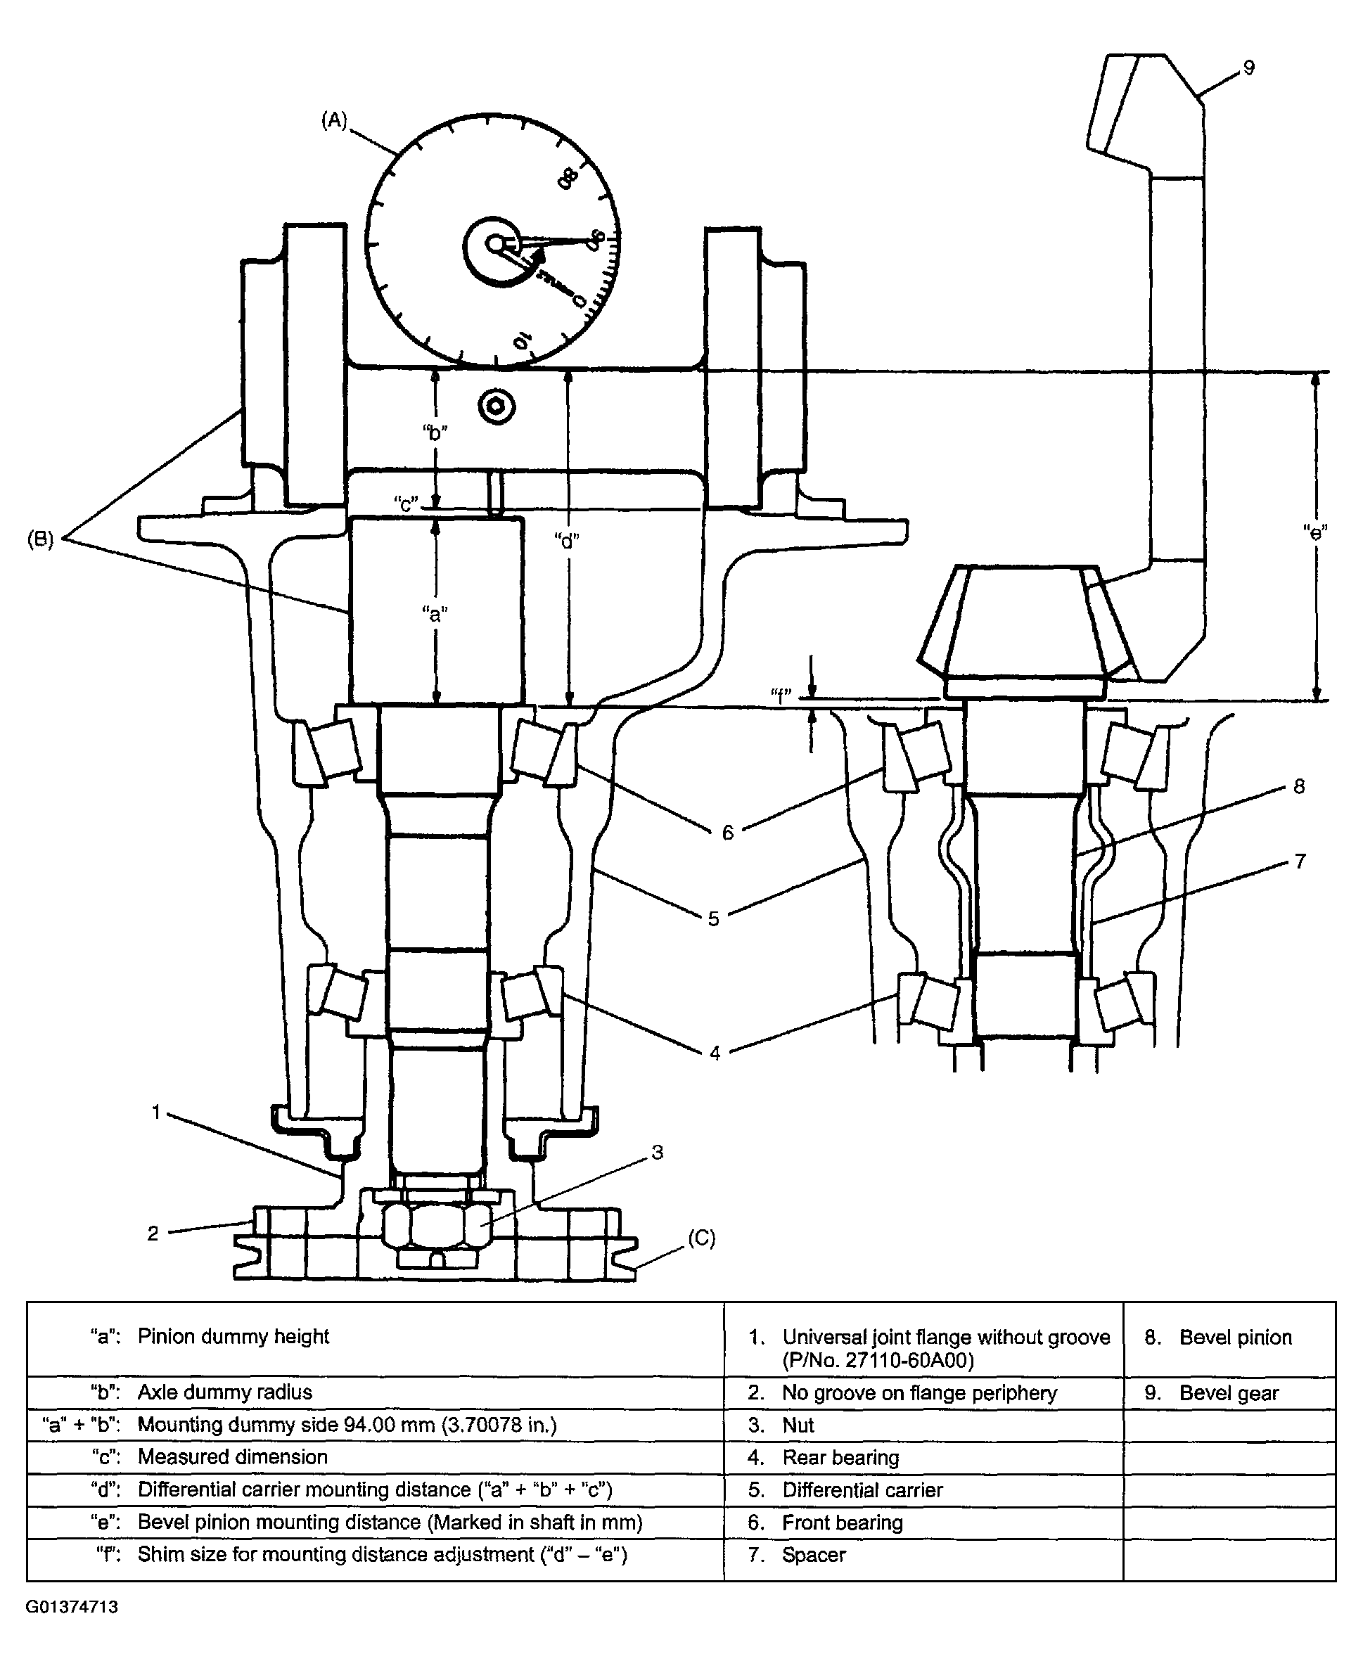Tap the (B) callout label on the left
41,539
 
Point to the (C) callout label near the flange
701,1238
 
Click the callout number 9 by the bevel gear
1248,68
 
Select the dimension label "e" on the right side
1314,532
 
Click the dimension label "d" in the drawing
566,540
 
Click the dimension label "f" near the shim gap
781,694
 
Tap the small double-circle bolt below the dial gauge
497,406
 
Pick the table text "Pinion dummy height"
233,1336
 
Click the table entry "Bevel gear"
1229,1392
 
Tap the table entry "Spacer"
814,1554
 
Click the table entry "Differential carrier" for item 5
862,1490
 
